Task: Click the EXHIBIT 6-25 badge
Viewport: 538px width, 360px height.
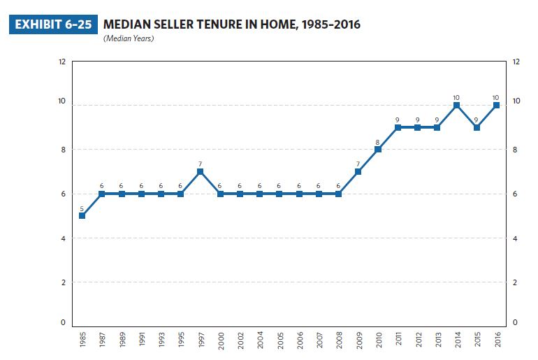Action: (52, 24)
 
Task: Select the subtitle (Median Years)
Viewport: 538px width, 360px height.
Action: (129, 38)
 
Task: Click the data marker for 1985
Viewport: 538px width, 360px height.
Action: (82, 215)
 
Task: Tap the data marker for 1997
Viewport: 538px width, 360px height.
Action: (201, 171)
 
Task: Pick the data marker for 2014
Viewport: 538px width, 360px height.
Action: (456, 105)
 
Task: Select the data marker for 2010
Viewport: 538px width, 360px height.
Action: (377, 149)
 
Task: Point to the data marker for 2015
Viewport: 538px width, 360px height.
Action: (476, 127)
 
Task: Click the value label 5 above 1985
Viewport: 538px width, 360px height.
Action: (82, 208)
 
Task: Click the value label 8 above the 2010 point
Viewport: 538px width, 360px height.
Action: (377, 141)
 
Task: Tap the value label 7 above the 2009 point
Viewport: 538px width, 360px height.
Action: (358, 164)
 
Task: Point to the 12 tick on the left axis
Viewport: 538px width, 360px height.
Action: (62, 62)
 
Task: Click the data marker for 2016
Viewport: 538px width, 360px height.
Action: (495, 105)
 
